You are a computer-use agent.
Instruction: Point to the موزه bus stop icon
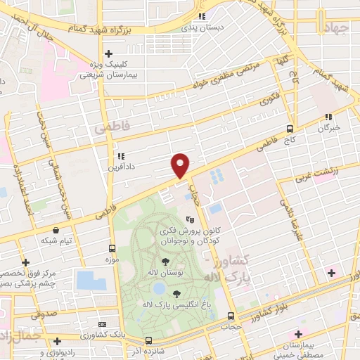[x=112, y=249]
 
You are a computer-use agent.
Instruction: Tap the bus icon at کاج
[x=290, y=129]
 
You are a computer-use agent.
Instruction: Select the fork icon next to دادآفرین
[x=121, y=157]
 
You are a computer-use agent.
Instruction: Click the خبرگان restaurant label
[x=328, y=127]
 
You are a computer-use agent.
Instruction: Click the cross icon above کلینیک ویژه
[x=108, y=53]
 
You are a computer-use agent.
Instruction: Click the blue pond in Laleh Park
[x=160, y=288]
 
